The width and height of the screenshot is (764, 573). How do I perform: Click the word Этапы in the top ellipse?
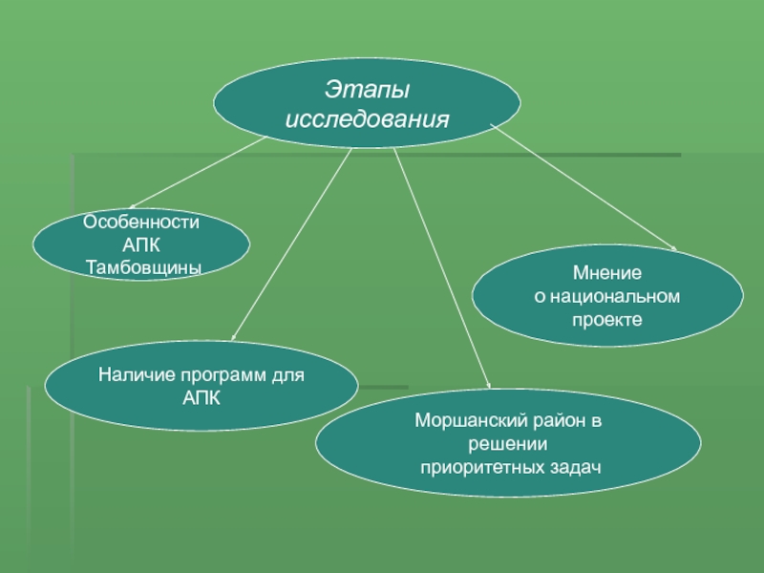pyautogui.click(x=367, y=92)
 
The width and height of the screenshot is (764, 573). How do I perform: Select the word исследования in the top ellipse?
pyautogui.click(x=368, y=120)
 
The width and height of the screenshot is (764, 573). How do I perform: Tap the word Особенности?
pyautogui.click(x=141, y=222)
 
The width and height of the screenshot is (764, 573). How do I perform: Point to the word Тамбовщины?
pyautogui.click(x=143, y=266)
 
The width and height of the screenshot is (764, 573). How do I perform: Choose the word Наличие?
pyautogui.click(x=132, y=375)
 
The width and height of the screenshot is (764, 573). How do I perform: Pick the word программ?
pyautogui.click(x=217, y=375)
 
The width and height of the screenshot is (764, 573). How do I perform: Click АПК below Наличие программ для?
pyautogui.click(x=202, y=396)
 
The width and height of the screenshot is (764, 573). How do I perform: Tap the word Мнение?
pyautogui.click(x=607, y=275)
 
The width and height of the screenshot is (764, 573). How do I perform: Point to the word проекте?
pyautogui.click(x=607, y=319)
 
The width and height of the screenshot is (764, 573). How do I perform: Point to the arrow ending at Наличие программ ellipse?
pyautogui.click(x=290, y=244)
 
